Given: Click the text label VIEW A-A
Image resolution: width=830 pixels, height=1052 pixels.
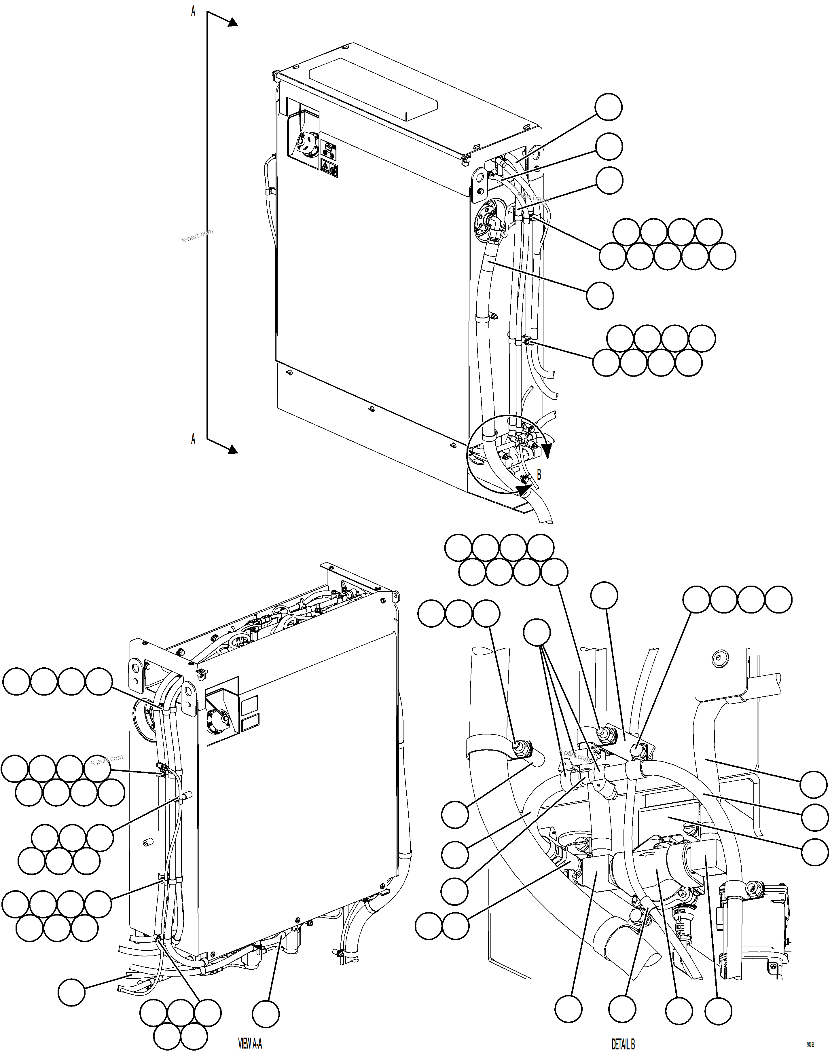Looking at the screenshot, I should click(x=250, y=1043).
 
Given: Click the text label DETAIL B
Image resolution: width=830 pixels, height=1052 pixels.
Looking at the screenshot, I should click(x=623, y=1043).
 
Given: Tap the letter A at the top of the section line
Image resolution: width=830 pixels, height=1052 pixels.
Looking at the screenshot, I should click(x=193, y=12).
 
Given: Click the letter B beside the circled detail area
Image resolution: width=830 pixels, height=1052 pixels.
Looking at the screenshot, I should click(x=539, y=474).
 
